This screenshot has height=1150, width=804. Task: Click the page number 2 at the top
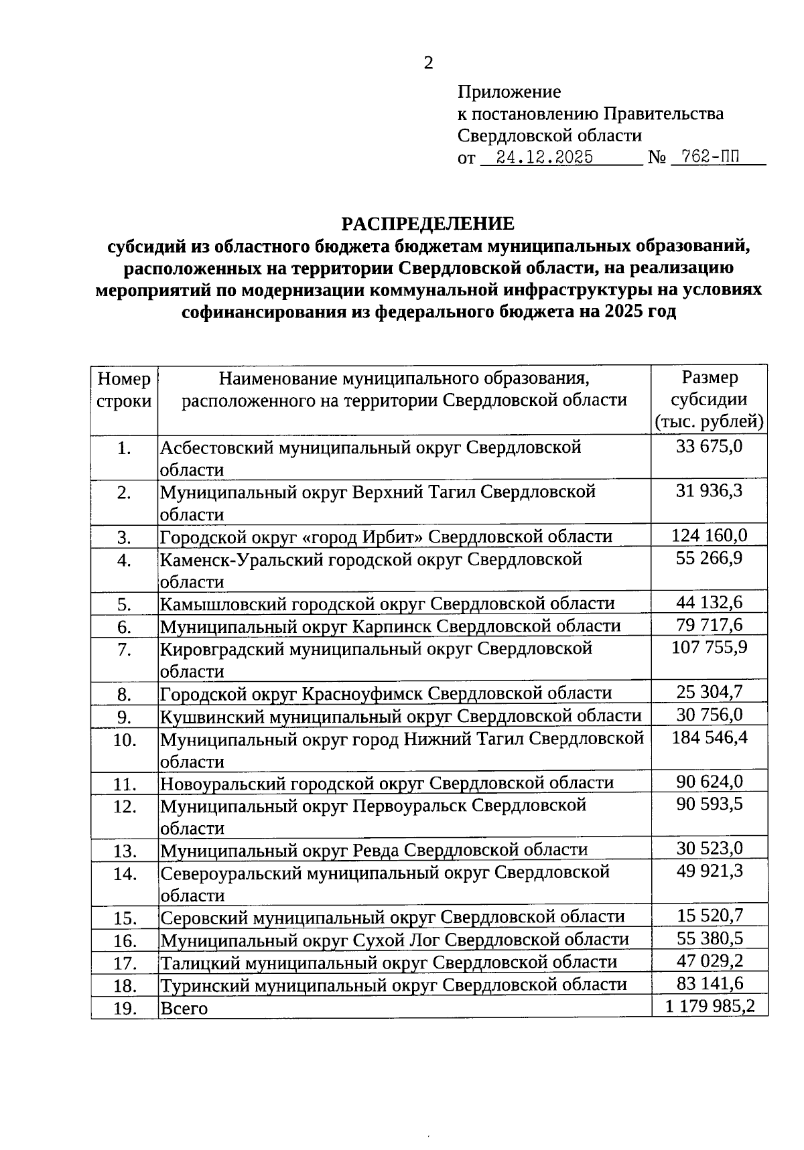pos(428,63)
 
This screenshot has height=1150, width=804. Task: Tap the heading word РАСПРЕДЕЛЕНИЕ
pos(428,224)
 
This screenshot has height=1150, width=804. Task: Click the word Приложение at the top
pos(509,92)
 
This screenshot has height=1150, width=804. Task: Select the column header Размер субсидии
pos(709,399)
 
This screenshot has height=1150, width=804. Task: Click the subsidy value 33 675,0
pos(709,446)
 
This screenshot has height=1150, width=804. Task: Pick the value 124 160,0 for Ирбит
pos(709,535)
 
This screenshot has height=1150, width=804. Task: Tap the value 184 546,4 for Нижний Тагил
pos(709,737)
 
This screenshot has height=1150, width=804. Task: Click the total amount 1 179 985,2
pos(709,1006)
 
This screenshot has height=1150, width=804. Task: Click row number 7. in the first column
pos(124,650)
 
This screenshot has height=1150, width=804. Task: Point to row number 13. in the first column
pos(124,851)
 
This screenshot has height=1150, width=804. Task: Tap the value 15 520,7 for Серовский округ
pos(709,916)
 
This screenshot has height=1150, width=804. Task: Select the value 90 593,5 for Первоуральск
pos(709,804)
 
